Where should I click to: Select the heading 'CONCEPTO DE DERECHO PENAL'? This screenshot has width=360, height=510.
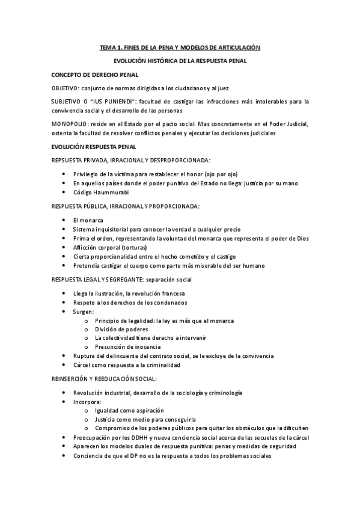(x=95, y=75)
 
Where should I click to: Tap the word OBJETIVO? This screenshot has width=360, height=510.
(x=64, y=88)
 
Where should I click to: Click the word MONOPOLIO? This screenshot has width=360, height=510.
(x=69, y=124)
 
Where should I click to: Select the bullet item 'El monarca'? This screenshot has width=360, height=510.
(x=87, y=221)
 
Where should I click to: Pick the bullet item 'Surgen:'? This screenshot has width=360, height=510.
(x=83, y=312)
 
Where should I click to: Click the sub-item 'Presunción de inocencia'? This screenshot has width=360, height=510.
(x=127, y=347)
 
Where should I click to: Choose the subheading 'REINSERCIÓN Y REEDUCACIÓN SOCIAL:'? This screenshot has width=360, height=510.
(x=105, y=379)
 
